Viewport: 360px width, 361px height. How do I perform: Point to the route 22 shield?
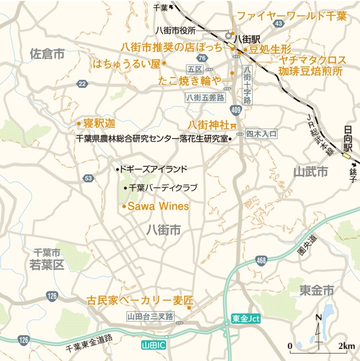pyautogui.click(x=83, y=84)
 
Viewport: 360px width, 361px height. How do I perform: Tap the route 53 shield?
pyautogui.click(x=88, y=179)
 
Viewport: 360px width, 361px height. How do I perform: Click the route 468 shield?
pyautogui.click(x=261, y=261)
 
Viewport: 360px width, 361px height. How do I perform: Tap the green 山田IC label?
pyautogui.click(x=154, y=345)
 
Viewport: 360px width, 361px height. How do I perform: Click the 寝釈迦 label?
pyautogui.click(x=99, y=123)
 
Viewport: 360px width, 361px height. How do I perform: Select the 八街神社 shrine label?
pyautogui.click(x=208, y=124)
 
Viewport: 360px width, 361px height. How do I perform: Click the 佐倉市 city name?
pyautogui.click(x=47, y=54)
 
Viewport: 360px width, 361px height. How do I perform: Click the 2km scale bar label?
pyautogui.click(x=346, y=346)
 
